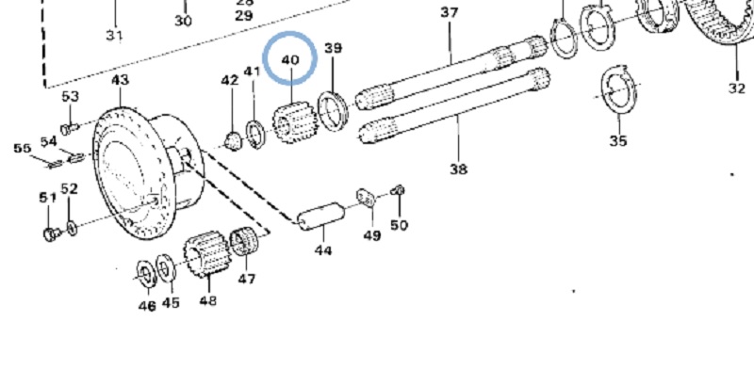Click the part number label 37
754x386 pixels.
coord(449,12)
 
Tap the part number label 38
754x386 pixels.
coord(458,169)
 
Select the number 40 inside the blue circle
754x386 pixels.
coord(290,59)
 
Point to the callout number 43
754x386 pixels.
coord(120,81)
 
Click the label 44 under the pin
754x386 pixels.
coord(323,250)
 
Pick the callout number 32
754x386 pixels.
coord(736,89)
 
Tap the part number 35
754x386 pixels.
coord(617,141)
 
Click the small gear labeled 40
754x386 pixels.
coord(291,122)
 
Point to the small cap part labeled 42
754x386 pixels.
coord(231,140)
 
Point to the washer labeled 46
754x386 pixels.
coord(146,273)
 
